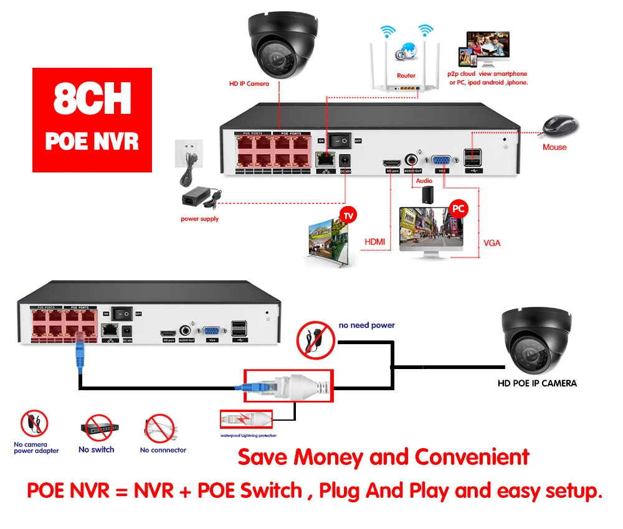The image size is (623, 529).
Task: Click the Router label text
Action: [x=406, y=76]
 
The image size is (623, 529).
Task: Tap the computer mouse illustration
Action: [x=559, y=126]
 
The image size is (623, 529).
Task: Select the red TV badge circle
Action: [x=348, y=216]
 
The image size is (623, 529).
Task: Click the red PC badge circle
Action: [x=459, y=209]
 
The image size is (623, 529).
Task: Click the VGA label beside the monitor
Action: [x=492, y=242]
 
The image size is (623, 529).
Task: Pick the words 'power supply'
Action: [x=200, y=219]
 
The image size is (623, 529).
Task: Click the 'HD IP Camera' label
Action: [x=249, y=83]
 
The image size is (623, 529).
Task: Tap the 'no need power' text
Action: [x=366, y=325]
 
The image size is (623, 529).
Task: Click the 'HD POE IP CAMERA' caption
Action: [x=536, y=383]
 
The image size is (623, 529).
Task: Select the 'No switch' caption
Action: [x=97, y=449]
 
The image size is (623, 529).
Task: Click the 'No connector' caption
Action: [x=163, y=450]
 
